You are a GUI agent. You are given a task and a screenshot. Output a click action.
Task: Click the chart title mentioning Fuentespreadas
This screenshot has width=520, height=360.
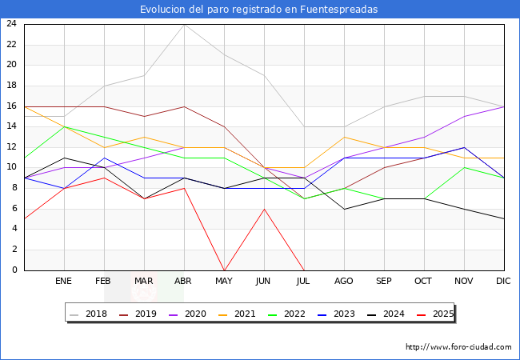(259, 10)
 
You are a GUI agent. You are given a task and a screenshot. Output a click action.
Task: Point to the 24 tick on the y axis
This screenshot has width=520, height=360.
(12, 24)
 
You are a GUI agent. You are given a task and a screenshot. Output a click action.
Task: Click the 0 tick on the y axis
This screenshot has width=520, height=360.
(14, 270)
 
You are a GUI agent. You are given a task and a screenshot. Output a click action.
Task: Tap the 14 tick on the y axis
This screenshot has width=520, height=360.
(12, 126)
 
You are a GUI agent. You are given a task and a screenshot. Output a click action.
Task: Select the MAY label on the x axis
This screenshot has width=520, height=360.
(224, 282)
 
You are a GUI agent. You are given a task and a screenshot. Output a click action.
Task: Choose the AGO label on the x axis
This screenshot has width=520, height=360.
(344, 282)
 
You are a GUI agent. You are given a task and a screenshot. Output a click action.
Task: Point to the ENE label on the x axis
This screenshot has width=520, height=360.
(64, 282)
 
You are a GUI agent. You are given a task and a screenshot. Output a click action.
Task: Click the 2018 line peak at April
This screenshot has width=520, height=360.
(184, 24)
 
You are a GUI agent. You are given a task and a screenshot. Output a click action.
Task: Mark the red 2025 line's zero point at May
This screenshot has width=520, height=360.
(224, 270)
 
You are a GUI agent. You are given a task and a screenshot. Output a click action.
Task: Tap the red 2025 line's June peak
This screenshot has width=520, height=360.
(264, 209)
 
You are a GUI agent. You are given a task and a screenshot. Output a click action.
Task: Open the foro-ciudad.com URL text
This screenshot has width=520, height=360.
(458, 347)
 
